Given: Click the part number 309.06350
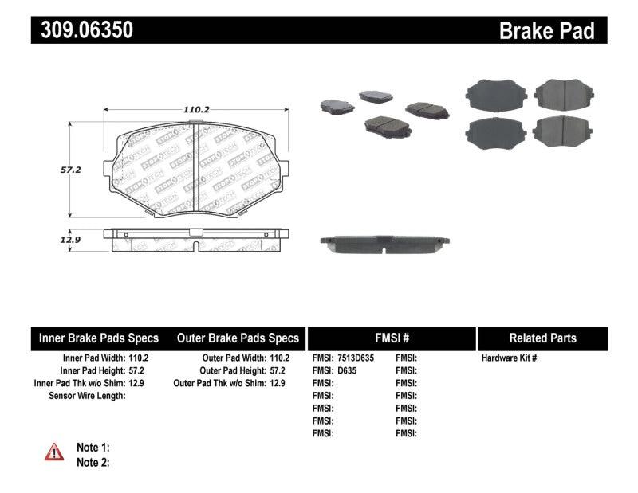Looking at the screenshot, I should [x=82, y=30].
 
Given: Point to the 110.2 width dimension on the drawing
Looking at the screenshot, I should [x=195, y=109].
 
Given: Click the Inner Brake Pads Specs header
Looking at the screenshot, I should [x=99, y=338].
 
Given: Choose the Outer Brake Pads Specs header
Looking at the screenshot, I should [x=237, y=338].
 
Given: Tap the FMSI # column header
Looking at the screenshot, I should [x=391, y=338].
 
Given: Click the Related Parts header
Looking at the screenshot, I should [x=542, y=338].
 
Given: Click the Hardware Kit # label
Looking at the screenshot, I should [x=510, y=358].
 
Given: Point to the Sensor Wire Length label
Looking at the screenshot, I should [x=86, y=395].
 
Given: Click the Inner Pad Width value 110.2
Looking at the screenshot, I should [x=140, y=358].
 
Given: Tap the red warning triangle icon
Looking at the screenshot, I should [x=54, y=452].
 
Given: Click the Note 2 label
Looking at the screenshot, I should [x=93, y=462].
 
